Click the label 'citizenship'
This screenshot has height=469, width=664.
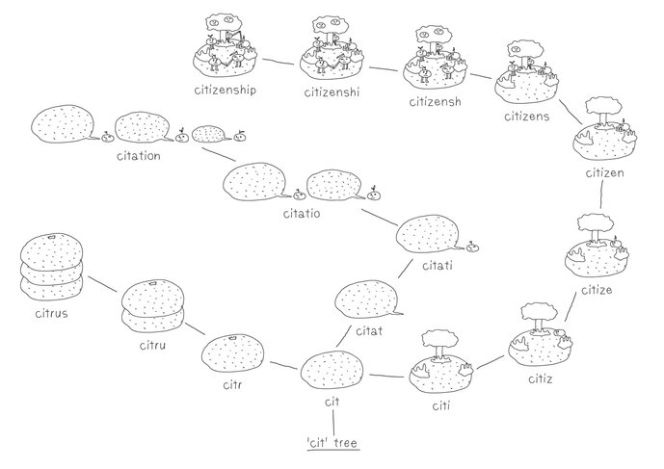coord(228,90)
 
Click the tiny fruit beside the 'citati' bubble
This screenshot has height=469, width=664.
coord(472,247)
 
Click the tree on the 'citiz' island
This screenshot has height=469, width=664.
coord(533,314)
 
